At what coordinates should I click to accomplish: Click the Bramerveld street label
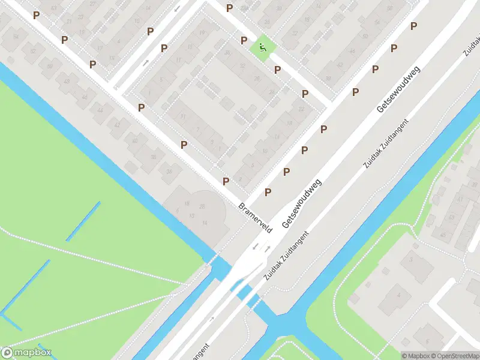pyautogui.click(x=256, y=217)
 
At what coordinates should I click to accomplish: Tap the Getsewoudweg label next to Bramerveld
pyautogui.click(x=301, y=202)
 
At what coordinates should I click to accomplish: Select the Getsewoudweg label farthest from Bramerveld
pyautogui.click(x=398, y=90)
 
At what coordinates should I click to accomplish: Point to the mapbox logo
pyautogui.click(x=26, y=353)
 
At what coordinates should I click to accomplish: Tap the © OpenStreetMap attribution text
pyautogui.click(x=454, y=355)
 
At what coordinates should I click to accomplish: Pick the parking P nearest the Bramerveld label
pyautogui.click(x=226, y=181)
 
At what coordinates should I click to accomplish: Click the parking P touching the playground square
pyautogui.click(x=244, y=40)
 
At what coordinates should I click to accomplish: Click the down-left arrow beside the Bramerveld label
pyautogui.click(x=254, y=246)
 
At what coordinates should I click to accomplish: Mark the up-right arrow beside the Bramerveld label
pyautogui.click(x=267, y=248)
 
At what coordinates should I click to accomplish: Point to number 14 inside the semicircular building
pyautogui.click(x=205, y=223)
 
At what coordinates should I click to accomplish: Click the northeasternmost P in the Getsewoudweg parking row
pyautogui.click(x=413, y=26)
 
